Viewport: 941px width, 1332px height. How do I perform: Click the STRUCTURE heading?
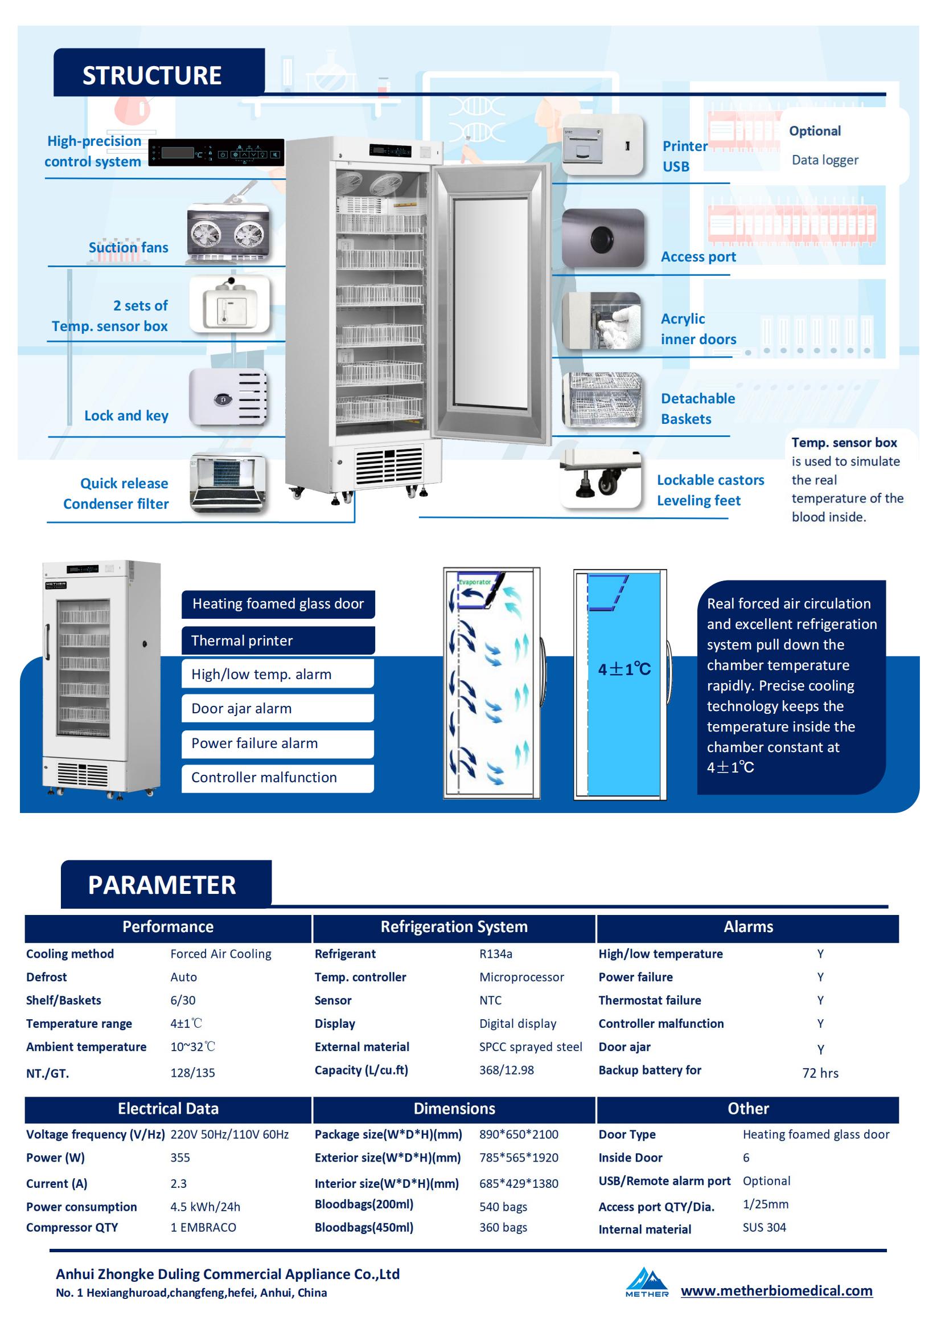[x=152, y=75]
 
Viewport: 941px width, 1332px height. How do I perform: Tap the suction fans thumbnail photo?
[x=228, y=233]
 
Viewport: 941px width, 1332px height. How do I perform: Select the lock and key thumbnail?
[x=228, y=398]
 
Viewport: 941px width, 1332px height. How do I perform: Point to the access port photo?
[x=603, y=238]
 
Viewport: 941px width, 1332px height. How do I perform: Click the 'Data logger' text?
[x=824, y=160]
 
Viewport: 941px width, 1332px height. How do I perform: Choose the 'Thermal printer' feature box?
[x=278, y=640]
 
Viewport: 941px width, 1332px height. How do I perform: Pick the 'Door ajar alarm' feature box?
[x=278, y=708]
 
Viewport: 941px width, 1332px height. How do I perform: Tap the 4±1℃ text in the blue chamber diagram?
[x=624, y=669]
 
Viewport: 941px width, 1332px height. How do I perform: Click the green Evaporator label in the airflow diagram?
[x=475, y=581]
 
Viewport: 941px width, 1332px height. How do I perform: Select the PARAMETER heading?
[x=162, y=885]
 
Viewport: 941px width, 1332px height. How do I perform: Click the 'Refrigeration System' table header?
[x=454, y=926]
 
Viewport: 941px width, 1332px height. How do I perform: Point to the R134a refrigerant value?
[x=496, y=954]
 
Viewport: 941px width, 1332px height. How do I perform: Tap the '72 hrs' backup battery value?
[x=820, y=1073]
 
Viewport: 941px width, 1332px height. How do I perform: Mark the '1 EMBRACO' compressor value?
[x=203, y=1227]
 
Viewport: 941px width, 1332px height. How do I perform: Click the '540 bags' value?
[x=503, y=1207]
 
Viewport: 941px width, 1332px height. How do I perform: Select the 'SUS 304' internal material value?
[x=764, y=1227]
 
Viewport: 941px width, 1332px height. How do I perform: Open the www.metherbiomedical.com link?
[x=776, y=1290]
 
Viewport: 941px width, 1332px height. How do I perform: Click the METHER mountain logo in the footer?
[x=647, y=1281]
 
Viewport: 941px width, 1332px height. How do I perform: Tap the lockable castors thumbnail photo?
[x=601, y=478]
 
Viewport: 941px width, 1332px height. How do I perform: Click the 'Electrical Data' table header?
[x=168, y=1109]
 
